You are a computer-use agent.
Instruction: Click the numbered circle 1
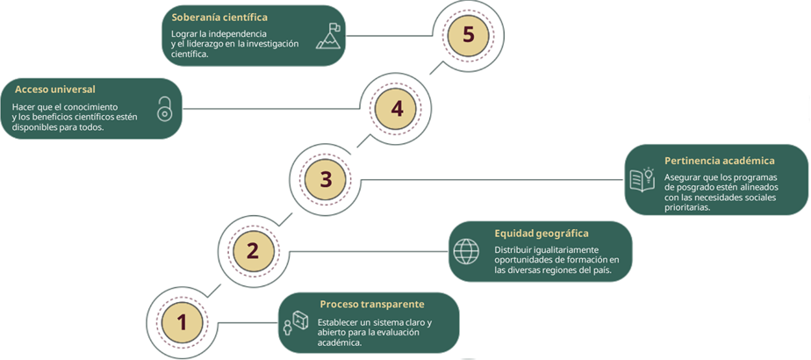point(183,322)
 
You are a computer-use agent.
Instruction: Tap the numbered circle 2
point(253,250)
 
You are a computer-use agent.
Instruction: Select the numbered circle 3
point(325,179)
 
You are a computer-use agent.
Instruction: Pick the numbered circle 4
point(397,109)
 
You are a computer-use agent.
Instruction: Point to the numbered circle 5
point(469,36)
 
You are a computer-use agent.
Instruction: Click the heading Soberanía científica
point(219,17)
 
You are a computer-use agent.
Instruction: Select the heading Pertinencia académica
point(719,161)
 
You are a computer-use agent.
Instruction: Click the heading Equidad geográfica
point(542,233)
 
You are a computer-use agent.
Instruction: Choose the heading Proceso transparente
point(372,304)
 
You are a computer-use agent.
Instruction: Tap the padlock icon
point(164,109)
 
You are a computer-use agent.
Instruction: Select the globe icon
point(466,251)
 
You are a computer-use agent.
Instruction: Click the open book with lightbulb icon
point(642,179)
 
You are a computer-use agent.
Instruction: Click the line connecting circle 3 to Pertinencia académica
point(492,179)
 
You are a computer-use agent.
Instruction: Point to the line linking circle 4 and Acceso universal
point(272,109)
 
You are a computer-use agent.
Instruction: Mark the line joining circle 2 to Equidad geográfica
point(369,251)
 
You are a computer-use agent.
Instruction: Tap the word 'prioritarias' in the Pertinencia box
point(689,209)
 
